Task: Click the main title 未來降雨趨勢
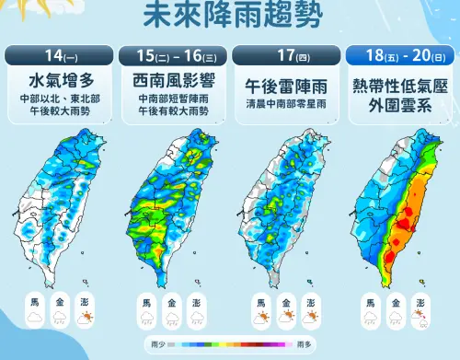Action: [230, 17]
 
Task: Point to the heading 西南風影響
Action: [172, 79]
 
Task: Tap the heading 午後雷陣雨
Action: [285, 85]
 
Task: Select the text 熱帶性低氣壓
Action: [399, 86]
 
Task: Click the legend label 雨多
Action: [308, 343]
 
